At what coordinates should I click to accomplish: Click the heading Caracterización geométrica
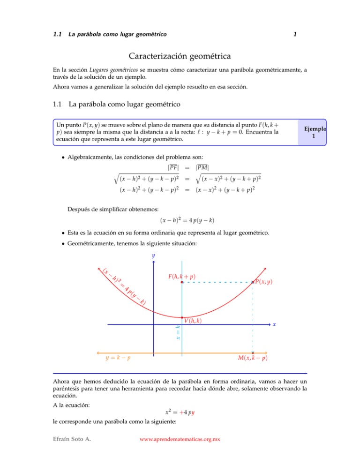(x=180, y=57)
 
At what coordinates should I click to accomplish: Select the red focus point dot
(x=182, y=282)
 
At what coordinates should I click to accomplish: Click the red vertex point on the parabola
(x=182, y=317)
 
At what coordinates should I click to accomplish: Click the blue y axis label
(x=153, y=256)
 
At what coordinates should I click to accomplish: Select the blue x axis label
(x=274, y=324)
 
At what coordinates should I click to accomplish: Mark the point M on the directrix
(x=253, y=352)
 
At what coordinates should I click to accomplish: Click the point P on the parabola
(x=253, y=282)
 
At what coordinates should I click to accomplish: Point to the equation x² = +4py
(x=180, y=413)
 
